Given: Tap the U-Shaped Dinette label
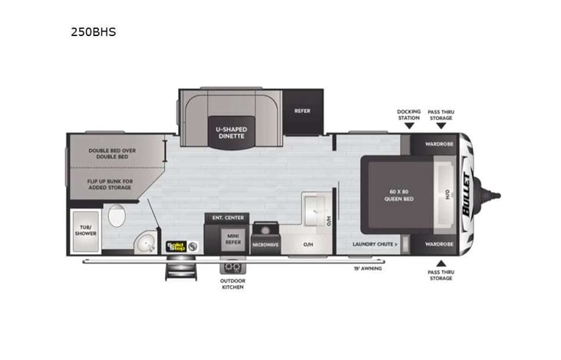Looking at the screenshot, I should click(x=229, y=131).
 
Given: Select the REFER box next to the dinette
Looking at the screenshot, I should click(x=302, y=111).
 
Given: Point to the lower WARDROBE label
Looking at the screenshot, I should click(x=437, y=244).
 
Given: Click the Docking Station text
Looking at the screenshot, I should click(x=408, y=114).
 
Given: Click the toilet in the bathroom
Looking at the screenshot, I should click(x=117, y=216).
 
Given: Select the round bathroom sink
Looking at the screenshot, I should click(x=141, y=245).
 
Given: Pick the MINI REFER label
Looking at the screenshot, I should click(x=234, y=239).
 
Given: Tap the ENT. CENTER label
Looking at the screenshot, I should click(x=228, y=217).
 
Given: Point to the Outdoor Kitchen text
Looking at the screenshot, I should click(x=232, y=284).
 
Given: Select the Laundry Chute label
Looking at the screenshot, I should click(x=375, y=244).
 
